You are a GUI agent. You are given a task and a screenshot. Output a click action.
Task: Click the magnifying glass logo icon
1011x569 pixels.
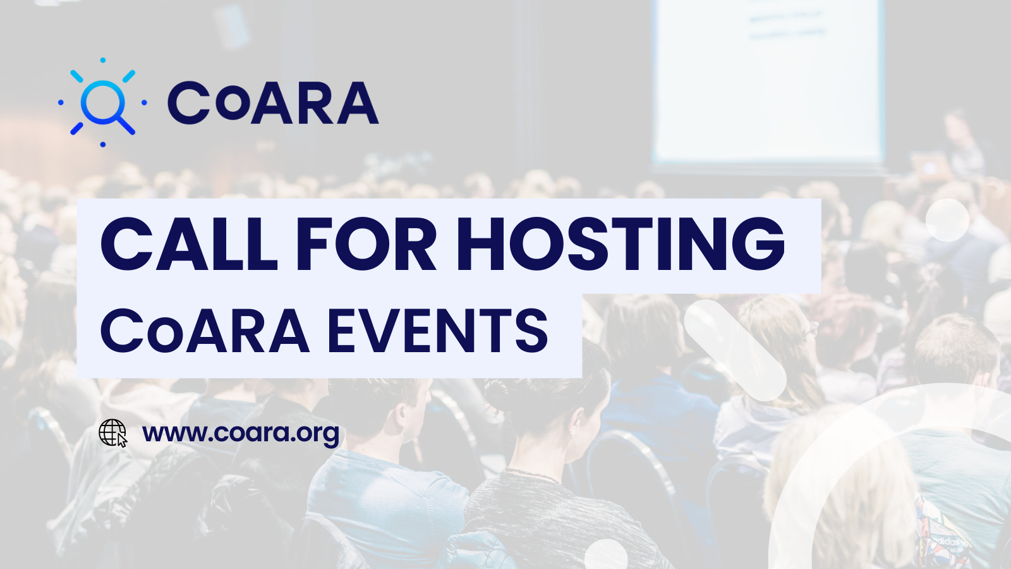(102, 102)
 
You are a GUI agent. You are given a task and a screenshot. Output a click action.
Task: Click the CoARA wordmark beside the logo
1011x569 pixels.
(273, 102)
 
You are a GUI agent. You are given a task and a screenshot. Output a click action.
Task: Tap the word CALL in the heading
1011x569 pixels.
(189, 244)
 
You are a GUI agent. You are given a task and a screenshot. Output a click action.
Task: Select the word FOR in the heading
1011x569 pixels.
(366, 244)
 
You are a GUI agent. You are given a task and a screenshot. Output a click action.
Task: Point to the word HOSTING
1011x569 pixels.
(622, 244)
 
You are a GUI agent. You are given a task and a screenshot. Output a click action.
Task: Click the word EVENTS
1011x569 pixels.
(438, 331)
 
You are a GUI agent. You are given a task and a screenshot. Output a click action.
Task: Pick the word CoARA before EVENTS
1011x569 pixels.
(205, 331)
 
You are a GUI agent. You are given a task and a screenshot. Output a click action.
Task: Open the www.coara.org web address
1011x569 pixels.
(241, 434)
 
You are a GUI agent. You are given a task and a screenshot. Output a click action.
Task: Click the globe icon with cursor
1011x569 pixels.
(113, 433)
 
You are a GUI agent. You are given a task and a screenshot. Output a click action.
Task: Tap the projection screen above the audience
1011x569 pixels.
(768, 82)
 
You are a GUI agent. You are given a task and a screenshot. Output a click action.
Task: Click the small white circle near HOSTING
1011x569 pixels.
(947, 220)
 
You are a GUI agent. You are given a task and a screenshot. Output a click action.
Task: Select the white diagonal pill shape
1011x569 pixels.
(736, 350)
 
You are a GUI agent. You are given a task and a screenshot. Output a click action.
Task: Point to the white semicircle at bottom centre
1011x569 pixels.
(606, 554)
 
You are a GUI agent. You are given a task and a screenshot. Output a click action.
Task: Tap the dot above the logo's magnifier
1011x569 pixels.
(103, 60)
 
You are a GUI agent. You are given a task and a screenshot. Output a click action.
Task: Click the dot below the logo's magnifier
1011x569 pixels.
(103, 145)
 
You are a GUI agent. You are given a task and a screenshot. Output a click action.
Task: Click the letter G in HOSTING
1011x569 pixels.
(758, 244)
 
